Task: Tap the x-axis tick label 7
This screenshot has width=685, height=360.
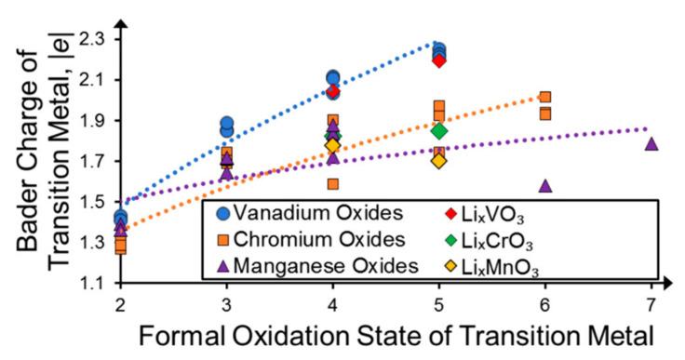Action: point(651,305)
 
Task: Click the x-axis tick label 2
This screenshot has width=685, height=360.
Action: point(121,305)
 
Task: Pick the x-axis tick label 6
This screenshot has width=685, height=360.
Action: point(545,305)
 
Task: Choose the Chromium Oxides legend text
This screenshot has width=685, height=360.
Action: point(319,240)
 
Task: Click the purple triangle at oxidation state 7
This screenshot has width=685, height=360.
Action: point(651,144)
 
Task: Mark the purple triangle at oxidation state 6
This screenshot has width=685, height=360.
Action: point(545,185)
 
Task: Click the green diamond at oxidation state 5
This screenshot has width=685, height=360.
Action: point(439,131)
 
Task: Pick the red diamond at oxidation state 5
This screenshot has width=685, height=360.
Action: point(439,60)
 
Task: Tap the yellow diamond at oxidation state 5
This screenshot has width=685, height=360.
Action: point(439,161)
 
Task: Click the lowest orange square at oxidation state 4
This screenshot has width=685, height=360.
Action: point(333,184)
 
